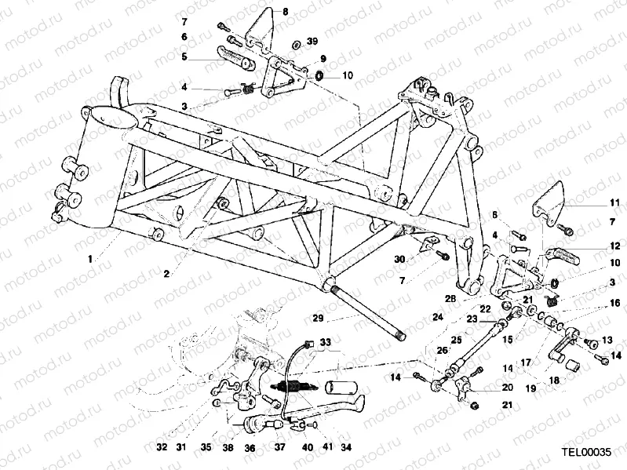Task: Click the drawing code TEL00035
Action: point(585,453)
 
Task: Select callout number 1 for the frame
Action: point(90,257)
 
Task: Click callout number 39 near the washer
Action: point(312,41)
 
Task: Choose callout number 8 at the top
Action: point(285,11)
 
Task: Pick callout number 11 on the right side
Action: point(614,202)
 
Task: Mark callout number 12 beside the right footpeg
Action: point(614,246)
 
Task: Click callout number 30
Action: point(399,259)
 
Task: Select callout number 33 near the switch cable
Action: point(325,342)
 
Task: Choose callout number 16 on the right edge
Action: point(614,302)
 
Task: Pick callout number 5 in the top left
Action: point(184,56)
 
